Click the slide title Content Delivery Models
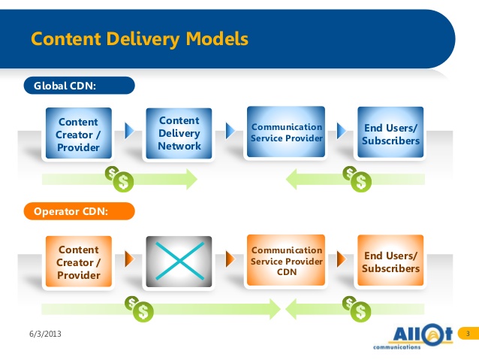point(139,38)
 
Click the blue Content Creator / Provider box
point(78,135)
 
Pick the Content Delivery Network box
point(179,133)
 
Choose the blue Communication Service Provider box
point(286,133)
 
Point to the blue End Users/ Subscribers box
point(390,134)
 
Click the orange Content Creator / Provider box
point(78,262)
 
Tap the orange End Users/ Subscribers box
point(390,262)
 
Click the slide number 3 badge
point(468,333)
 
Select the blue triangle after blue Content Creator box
point(129,132)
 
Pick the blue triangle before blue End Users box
point(342,132)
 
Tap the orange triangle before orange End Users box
point(342,259)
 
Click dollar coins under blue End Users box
point(358,178)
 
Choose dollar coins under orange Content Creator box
point(140,306)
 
